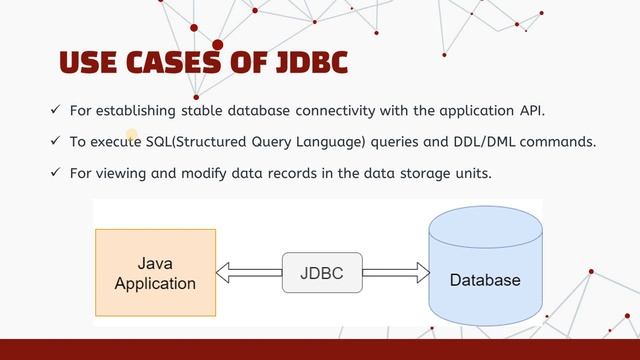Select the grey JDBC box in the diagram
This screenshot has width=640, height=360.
(x=322, y=271)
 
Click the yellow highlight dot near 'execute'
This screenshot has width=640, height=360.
(x=131, y=134)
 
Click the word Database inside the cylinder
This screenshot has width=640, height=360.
(x=485, y=280)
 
